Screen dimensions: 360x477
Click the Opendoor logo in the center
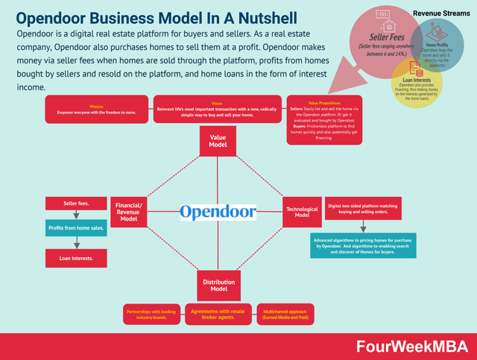point(218,212)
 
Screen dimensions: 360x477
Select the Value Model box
point(218,142)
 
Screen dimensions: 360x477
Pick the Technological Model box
point(302,211)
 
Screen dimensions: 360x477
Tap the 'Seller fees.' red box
point(76,203)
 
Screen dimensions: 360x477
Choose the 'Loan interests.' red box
point(76,259)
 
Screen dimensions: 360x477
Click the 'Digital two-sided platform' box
point(363,208)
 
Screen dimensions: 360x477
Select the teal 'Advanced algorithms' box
point(362,246)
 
